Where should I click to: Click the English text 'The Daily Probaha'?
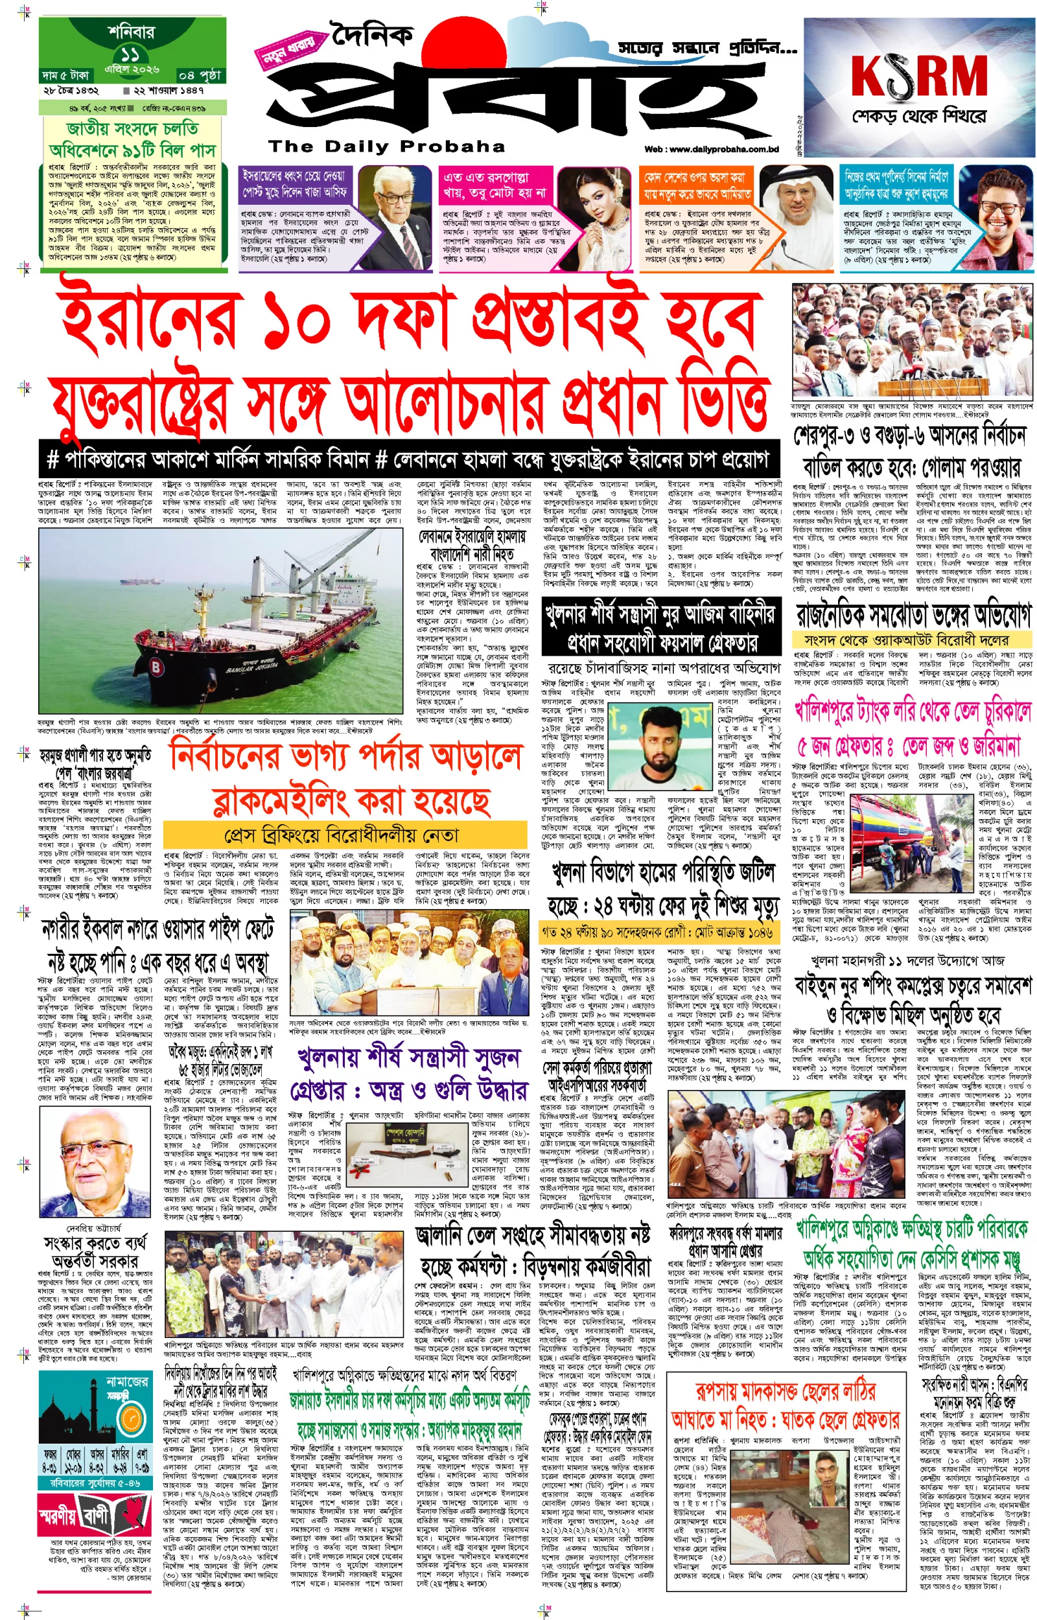(386, 146)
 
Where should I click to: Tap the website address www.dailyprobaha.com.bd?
(711, 150)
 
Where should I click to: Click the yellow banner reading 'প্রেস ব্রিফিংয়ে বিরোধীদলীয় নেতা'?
(345, 835)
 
